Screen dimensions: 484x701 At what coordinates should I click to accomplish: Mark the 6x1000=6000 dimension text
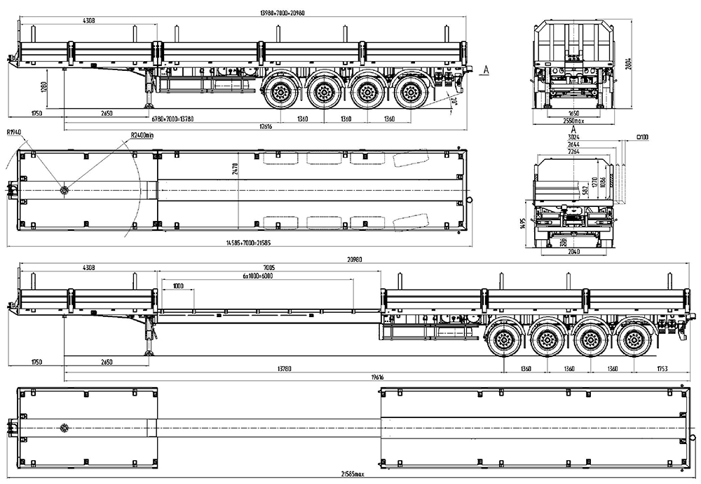257,276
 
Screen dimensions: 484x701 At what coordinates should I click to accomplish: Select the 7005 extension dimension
270,267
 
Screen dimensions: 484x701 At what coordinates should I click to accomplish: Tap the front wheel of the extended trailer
503,341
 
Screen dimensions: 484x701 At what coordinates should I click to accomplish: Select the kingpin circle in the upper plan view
65,190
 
